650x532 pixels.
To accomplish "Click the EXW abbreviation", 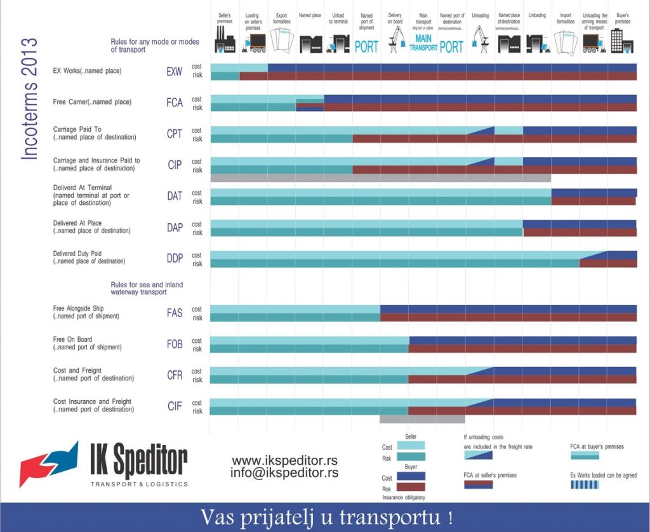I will coord(175,72).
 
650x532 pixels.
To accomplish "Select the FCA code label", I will coord(175,103).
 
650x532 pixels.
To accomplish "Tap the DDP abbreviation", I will coord(175,258).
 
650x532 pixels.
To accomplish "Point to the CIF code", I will coord(175,406).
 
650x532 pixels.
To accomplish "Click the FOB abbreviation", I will coord(175,344).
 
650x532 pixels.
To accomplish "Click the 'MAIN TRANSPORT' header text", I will coord(423,43).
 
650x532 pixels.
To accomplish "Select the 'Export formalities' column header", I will coord(281,18).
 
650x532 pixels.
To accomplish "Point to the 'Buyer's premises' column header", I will coord(622,18).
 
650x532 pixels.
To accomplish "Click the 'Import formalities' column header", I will coord(565,18).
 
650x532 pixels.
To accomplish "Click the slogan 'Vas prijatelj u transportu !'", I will coord(326,517).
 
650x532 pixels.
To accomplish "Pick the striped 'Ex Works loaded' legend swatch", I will coord(585,484).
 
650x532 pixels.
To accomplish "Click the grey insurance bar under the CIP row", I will coord(380,178).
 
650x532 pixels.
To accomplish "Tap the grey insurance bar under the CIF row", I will coord(422,418).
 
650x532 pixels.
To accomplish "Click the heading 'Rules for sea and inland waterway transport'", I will coord(147,289).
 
